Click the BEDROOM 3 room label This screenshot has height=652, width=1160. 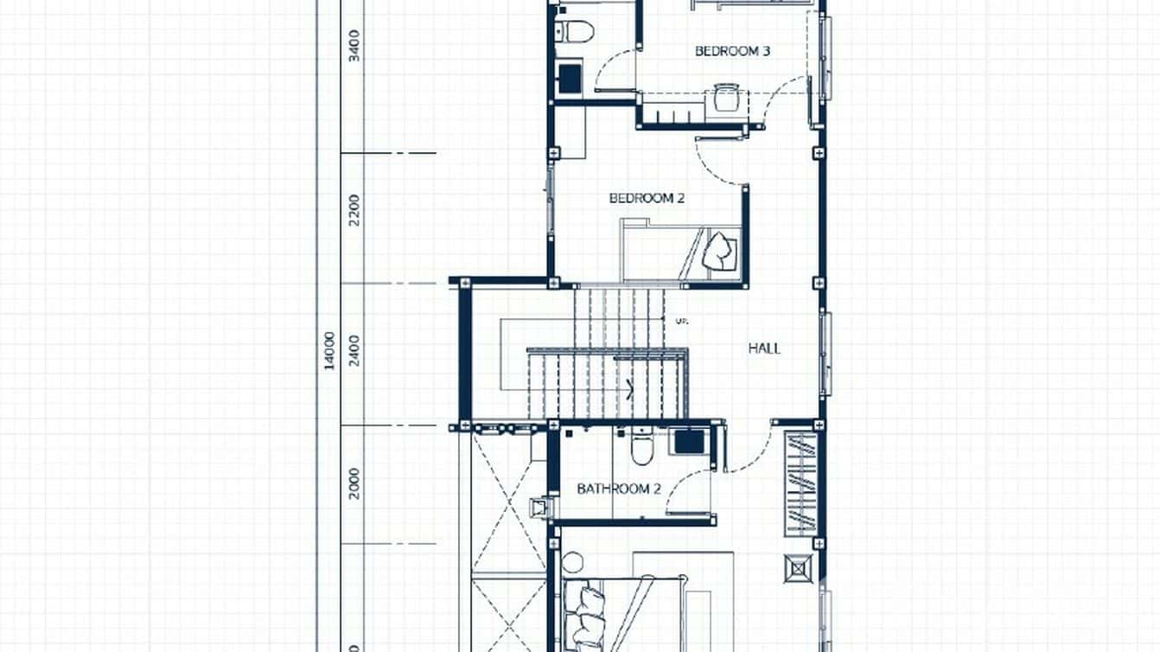tap(732, 51)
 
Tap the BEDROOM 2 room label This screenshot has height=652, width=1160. tap(647, 198)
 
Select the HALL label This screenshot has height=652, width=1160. tap(764, 348)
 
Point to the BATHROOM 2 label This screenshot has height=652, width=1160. tap(619, 489)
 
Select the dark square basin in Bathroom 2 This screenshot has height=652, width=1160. tap(689, 441)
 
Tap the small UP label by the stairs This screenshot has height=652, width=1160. tap(680, 321)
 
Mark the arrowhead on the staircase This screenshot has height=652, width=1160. tap(630, 387)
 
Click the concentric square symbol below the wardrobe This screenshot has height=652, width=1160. tap(799, 568)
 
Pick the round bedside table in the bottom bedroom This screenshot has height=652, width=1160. tap(572, 564)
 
